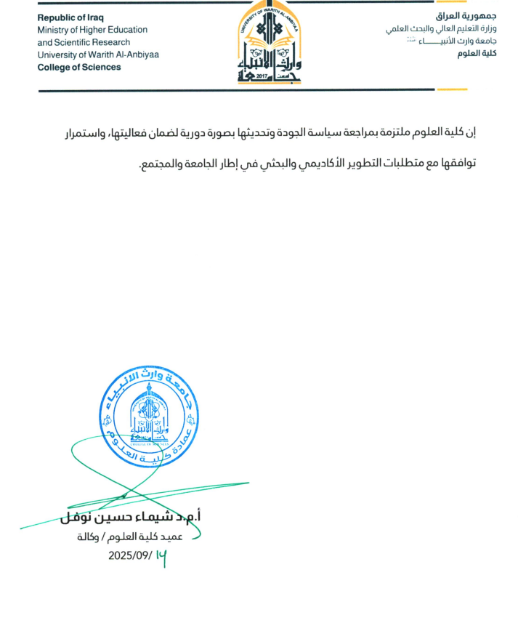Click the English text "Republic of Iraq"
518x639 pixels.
[70, 17]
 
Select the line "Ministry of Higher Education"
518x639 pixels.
[92, 30]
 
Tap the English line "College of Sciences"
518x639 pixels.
[79, 67]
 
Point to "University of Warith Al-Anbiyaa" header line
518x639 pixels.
[98, 55]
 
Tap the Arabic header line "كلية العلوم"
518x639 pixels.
[482, 55]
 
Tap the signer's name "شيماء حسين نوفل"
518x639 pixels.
[130, 517]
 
